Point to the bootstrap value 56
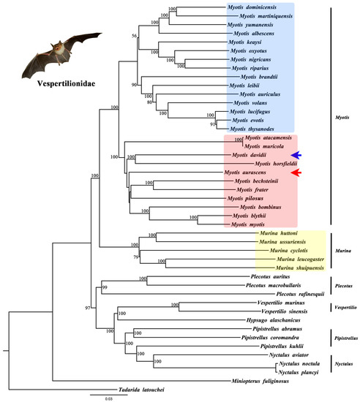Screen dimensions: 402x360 pos(134,35)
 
